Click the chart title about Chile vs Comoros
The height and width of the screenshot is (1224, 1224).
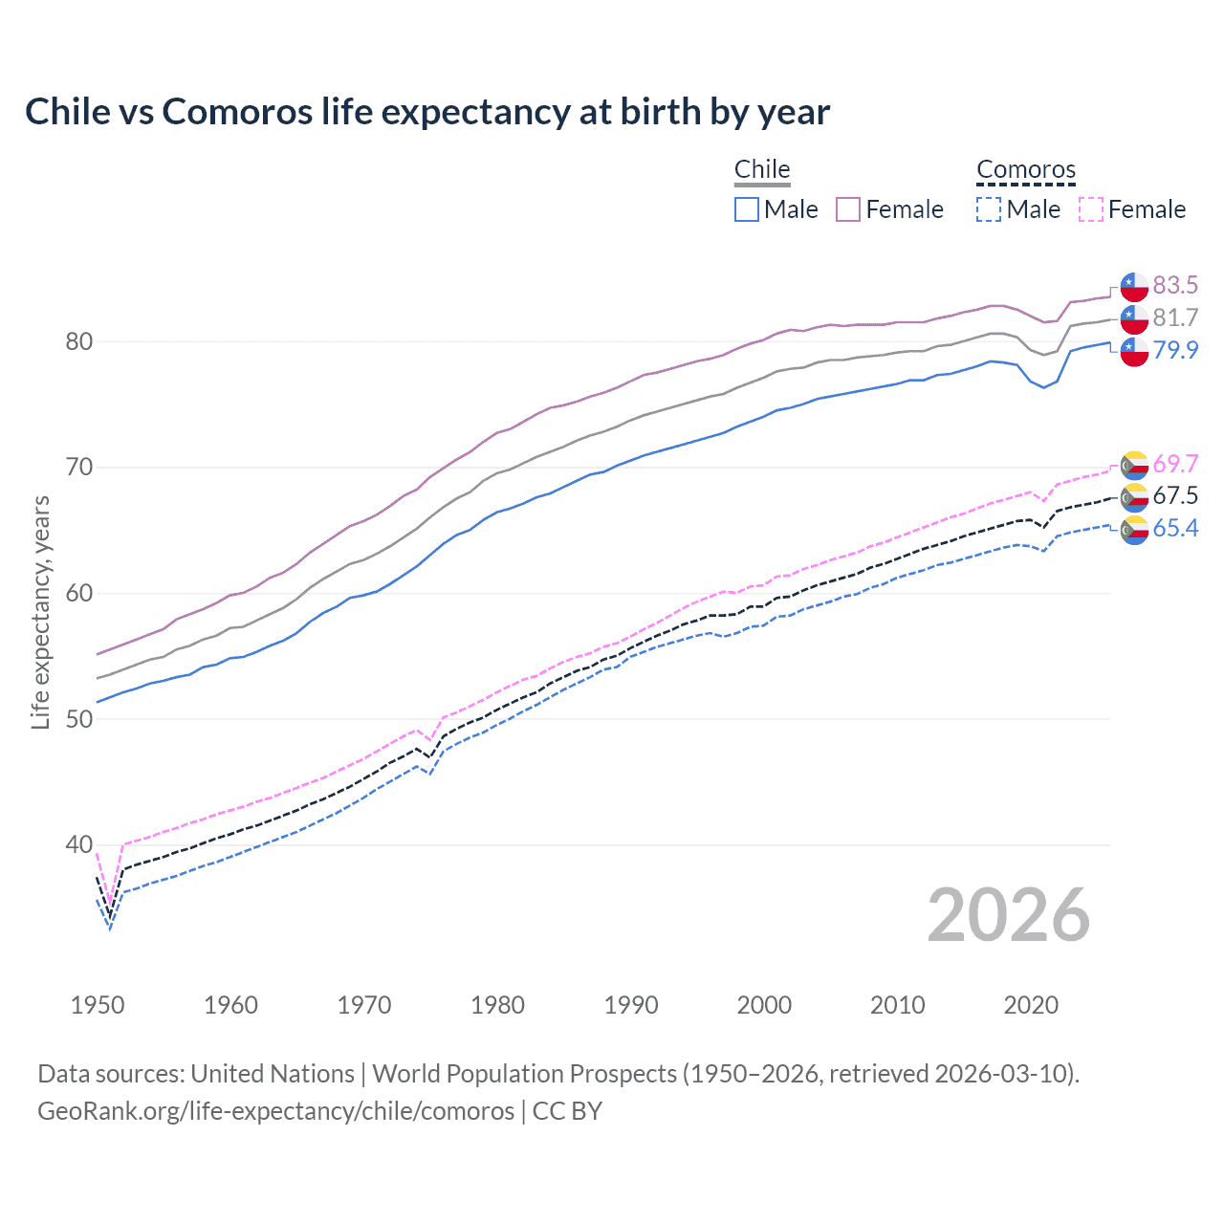point(427,112)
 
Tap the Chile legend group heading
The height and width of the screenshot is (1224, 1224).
point(762,169)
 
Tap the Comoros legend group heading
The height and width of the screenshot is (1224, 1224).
point(1026,170)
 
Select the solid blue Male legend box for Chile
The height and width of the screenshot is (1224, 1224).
point(747,209)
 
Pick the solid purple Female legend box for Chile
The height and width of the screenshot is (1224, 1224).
point(848,209)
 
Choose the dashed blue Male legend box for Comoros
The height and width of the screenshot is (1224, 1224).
point(989,209)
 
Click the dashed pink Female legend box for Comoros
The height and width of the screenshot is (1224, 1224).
point(1091,209)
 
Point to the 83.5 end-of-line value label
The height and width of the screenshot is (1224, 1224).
point(1175,285)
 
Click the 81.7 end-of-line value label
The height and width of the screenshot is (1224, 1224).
point(1175,317)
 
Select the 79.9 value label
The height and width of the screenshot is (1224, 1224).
point(1175,350)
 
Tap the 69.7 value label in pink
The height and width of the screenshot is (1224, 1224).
point(1175,464)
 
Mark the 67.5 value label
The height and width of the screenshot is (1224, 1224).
point(1175,495)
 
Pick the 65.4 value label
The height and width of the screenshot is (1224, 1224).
point(1175,528)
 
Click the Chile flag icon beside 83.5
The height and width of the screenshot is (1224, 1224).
point(1134,286)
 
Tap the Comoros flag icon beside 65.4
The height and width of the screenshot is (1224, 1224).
point(1134,530)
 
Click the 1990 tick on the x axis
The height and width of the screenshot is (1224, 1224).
point(631,1005)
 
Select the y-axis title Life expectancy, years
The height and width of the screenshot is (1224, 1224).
point(40,612)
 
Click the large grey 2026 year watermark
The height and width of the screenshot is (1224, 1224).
point(1008,915)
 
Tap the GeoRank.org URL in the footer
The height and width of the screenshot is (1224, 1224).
point(275,1111)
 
